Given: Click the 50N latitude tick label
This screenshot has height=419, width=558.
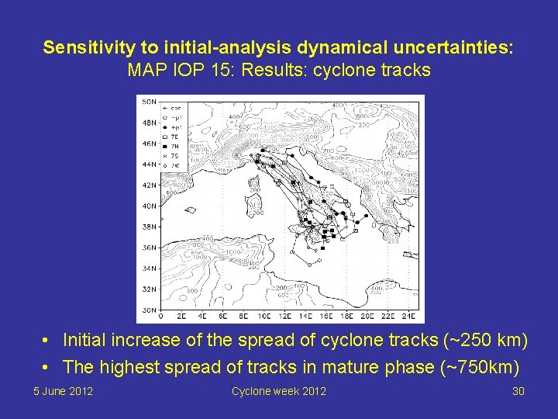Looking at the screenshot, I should [146, 101].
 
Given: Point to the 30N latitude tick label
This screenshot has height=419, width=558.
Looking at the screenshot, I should [146, 310].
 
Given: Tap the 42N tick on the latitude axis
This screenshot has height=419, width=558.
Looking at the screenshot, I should [146, 185].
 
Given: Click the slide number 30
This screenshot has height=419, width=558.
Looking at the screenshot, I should [518, 391].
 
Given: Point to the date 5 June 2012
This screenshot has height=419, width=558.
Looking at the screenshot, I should [63, 391].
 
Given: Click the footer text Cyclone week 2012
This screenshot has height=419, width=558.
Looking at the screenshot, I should [278, 391].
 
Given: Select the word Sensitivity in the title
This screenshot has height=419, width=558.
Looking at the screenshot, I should [81, 48].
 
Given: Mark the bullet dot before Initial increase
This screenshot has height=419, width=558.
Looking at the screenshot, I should [47, 341].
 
